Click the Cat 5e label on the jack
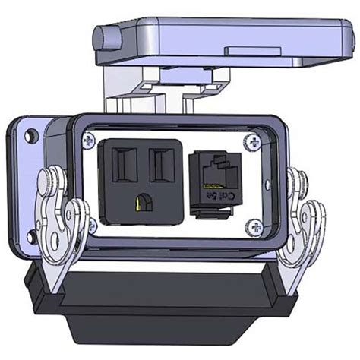click(x=227, y=199)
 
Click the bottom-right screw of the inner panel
click(x=254, y=226)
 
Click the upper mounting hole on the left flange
click(x=30, y=137)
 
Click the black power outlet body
click(x=140, y=182)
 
